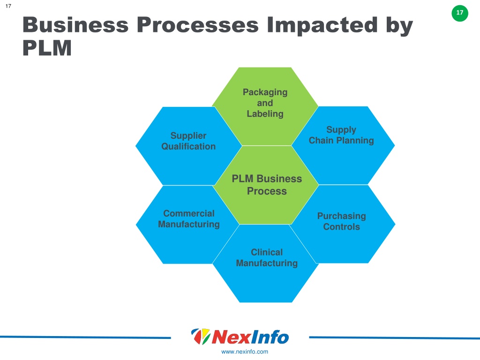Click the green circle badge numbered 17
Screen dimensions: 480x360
tap(460, 13)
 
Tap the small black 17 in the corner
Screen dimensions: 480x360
tap(8, 6)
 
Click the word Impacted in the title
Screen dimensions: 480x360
tap(322, 25)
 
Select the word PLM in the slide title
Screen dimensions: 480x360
tap(47, 48)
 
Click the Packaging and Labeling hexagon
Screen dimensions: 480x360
tap(265, 106)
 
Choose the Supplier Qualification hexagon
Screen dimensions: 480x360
tap(188, 146)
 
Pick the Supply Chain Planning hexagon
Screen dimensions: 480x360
tap(343, 145)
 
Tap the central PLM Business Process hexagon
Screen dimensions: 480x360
tap(266, 185)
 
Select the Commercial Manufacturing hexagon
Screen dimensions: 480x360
tap(187, 225)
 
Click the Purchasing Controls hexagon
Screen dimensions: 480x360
tap(343, 224)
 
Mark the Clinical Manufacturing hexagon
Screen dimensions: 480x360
tap(266, 263)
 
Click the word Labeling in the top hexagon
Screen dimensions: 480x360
tap(265, 114)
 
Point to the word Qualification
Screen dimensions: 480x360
tap(188, 146)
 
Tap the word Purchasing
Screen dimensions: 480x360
tap(342, 216)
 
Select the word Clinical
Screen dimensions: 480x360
tap(267, 252)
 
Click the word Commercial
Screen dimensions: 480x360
tap(189, 213)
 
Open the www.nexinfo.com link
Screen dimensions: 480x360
tap(245, 352)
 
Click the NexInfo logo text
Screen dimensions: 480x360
tap(250, 337)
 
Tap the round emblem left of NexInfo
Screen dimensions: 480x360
tap(201, 336)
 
